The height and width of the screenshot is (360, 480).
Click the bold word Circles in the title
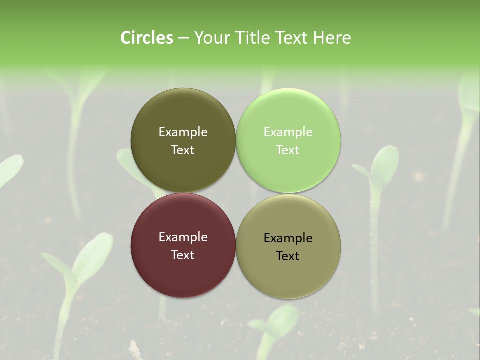click(x=147, y=38)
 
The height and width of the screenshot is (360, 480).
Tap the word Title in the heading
click(x=252, y=38)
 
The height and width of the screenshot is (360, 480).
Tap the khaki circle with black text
click(x=288, y=275)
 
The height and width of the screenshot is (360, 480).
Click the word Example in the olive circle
click(x=183, y=132)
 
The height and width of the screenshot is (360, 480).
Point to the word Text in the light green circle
click(x=288, y=150)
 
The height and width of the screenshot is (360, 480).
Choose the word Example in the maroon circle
click(x=183, y=237)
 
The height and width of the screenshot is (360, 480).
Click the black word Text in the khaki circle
click(x=288, y=256)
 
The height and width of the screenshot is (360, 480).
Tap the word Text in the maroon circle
click(x=183, y=255)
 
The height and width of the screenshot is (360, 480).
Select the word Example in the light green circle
click(x=288, y=132)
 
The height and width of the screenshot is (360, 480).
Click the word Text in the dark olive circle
click(x=183, y=150)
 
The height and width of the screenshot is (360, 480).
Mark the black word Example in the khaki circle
click(x=288, y=238)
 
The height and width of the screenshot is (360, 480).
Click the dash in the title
click(x=183, y=38)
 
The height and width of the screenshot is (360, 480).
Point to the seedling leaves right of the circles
click(x=382, y=165)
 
